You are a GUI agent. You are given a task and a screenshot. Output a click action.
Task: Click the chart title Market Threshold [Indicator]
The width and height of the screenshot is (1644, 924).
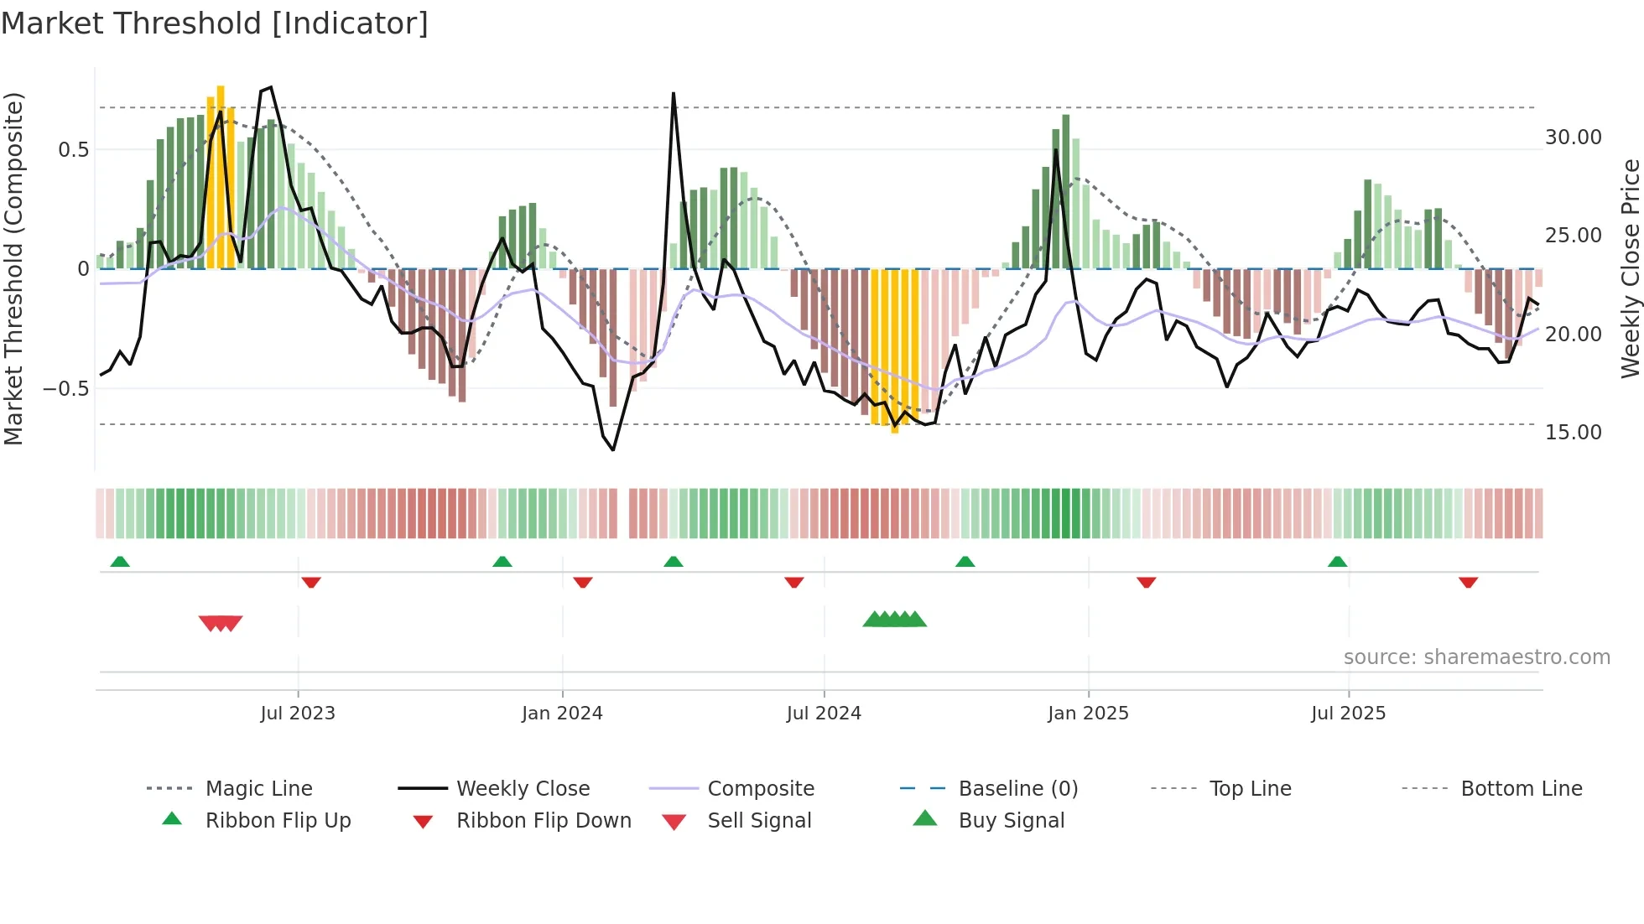(x=215, y=23)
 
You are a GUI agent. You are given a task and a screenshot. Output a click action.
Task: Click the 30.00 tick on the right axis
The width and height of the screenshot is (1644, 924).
(x=1573, y=138)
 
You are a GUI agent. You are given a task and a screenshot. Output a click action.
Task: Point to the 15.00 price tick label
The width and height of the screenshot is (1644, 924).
(x=1573, y=433)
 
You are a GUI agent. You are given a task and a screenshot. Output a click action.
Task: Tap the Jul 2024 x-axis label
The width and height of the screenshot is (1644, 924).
(x=823, y=714)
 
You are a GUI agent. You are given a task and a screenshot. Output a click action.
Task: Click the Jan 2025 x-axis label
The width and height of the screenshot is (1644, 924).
(x=1087, y=714)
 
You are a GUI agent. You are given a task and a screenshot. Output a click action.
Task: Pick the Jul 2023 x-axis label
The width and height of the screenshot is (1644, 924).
(x=297, y=714)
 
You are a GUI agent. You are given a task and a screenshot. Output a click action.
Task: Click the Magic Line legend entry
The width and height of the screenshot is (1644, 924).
(x=258, y=789)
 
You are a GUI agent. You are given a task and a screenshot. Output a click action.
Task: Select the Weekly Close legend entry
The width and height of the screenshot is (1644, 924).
(x=523, y=789)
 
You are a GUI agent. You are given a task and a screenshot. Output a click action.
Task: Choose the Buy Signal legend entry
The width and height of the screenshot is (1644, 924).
(x=1011, y=821)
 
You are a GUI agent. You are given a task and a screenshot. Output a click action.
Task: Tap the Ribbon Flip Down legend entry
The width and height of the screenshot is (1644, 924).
(x=543, y=821)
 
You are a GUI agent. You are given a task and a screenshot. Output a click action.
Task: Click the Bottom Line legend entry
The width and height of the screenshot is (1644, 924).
(x=1521, y=789)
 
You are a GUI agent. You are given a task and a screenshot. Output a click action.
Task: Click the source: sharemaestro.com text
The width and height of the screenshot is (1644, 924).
(x=1476, y=657)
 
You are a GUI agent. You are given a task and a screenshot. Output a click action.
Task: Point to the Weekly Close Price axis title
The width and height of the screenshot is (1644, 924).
(x=1630, y=268)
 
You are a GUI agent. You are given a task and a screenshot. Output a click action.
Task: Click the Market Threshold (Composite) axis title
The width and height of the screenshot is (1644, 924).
(x=13, y=268)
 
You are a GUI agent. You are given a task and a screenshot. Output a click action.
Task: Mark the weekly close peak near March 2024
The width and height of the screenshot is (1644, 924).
(x=673, y=94)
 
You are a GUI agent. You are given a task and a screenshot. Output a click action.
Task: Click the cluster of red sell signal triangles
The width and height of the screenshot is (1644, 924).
(x=221, y=623)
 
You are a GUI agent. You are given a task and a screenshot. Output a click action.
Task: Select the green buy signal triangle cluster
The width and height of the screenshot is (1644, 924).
(x=894, y=620)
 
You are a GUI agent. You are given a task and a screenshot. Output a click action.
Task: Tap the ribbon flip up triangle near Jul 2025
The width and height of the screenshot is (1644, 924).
(x=1337, y=562)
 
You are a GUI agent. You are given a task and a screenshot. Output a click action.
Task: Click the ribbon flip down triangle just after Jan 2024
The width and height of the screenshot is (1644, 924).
(x=583, y=582)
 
